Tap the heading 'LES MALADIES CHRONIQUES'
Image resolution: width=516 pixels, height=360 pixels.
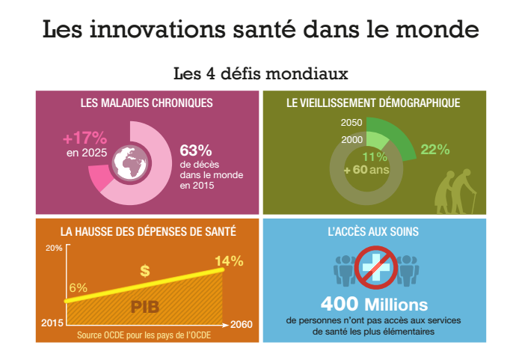pos(147,103)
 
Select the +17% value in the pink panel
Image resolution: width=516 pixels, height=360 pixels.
pos(85,138)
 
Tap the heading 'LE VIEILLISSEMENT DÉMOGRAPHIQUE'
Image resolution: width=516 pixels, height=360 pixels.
pos(373,103)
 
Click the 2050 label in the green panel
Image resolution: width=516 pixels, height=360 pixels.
pos(351,123)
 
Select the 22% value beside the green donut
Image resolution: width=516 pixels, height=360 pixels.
pos(434,149)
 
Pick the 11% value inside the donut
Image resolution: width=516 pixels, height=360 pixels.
pos(375,157)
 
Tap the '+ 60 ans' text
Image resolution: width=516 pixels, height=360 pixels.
pos(366,170)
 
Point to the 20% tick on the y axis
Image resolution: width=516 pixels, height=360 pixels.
pos(54,248)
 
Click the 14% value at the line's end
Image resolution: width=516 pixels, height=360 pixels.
pos(229,261)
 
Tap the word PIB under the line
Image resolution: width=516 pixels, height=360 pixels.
pos(144,306)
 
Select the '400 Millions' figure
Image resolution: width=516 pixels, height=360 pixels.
pos(374,305)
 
